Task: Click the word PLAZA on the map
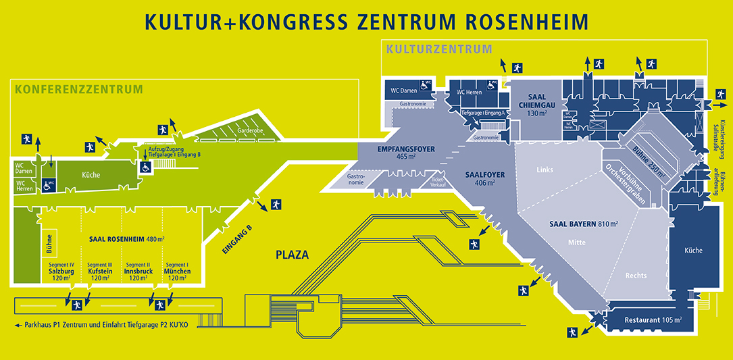292,255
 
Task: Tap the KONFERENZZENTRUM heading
79,89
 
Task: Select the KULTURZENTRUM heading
438,49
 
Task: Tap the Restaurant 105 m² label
653,319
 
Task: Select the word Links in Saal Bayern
545,170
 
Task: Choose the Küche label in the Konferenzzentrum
91,175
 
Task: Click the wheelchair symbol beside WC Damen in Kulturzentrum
426,85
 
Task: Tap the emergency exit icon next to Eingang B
275,203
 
